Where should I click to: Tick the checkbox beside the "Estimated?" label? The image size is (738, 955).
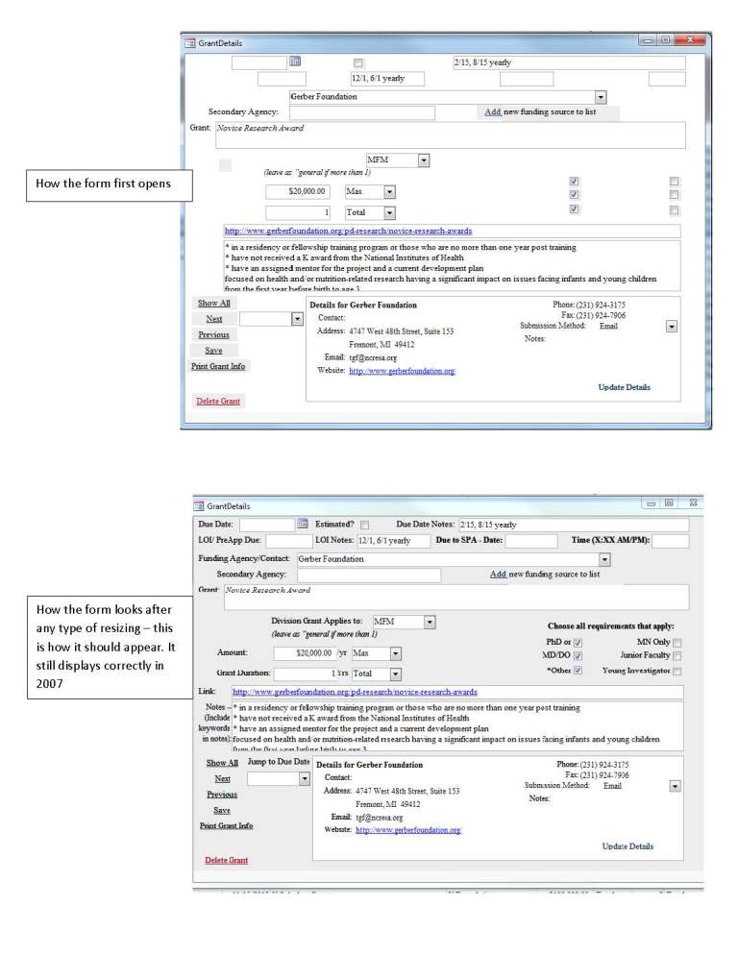365,526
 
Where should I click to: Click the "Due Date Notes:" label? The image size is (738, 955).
426,525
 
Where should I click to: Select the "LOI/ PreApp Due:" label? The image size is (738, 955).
231,541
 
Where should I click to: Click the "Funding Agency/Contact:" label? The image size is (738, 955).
244,558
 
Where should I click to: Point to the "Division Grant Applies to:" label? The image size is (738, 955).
317,622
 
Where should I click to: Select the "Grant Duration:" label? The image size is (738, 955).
244,673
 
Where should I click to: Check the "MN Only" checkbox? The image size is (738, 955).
677,643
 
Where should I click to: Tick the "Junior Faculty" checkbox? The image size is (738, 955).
677,656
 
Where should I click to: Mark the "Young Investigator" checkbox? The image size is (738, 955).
677,671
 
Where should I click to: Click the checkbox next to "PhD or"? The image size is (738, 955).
578,643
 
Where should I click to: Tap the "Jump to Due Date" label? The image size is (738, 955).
279,762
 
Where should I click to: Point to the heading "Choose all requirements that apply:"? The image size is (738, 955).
611,625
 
